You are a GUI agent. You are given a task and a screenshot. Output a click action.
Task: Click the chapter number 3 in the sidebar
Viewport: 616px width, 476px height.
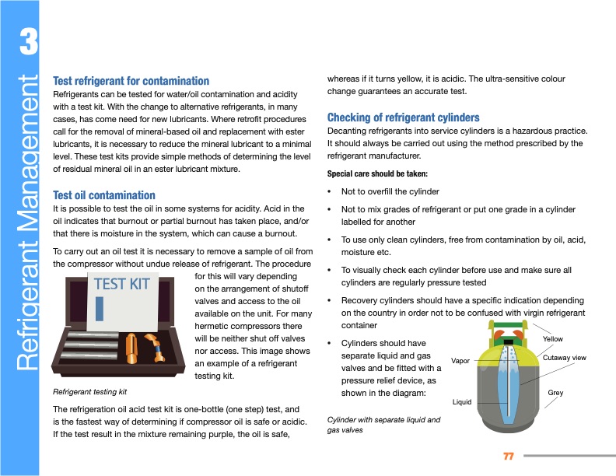tap(26, 45)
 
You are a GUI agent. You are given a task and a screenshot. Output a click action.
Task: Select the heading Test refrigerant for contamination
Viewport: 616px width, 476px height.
tap(131, 81)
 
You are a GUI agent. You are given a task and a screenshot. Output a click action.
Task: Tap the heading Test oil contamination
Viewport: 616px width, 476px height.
tap(103, 195)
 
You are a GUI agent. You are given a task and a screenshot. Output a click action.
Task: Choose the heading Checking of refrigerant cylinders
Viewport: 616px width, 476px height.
tap(403, 117)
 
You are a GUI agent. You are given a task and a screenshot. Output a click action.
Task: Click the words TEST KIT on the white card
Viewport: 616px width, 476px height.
tap(121, 284)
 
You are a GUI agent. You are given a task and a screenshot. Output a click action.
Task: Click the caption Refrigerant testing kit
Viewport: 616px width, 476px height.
tap(89, 391)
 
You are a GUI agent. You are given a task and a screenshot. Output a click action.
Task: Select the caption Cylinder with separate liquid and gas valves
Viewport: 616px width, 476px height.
tap(383, 425)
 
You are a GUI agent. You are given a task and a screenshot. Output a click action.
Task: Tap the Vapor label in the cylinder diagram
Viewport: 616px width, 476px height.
tap(460, 362)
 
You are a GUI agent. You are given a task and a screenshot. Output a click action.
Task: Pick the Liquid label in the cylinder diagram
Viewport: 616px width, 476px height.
tap(462, 402)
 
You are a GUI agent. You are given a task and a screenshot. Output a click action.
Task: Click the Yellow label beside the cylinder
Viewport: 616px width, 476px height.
tap(553, 339)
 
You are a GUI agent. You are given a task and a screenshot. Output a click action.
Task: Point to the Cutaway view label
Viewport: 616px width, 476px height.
tap(564, 357)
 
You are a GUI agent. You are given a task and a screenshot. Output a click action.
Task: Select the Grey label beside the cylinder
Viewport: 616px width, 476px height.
tap(555, 393)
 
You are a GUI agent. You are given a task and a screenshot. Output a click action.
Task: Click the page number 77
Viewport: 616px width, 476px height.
tap(509, 455)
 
